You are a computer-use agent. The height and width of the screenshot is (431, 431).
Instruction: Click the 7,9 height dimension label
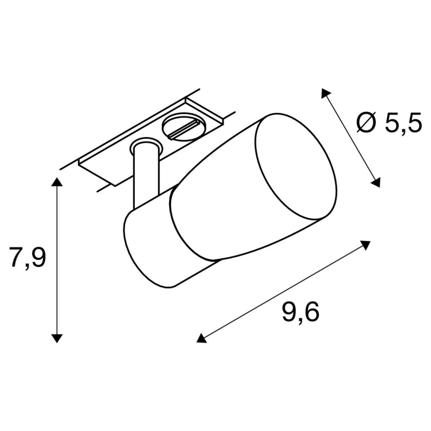(27, 257)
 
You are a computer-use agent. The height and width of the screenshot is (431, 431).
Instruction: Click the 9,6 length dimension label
(301, 312)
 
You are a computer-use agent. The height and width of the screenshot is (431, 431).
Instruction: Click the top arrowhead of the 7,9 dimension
(57, 182)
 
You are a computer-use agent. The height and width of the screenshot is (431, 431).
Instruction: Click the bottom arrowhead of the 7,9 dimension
(57, 338)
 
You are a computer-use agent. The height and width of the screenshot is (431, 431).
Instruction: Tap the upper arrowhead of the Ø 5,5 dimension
(325, 93)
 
